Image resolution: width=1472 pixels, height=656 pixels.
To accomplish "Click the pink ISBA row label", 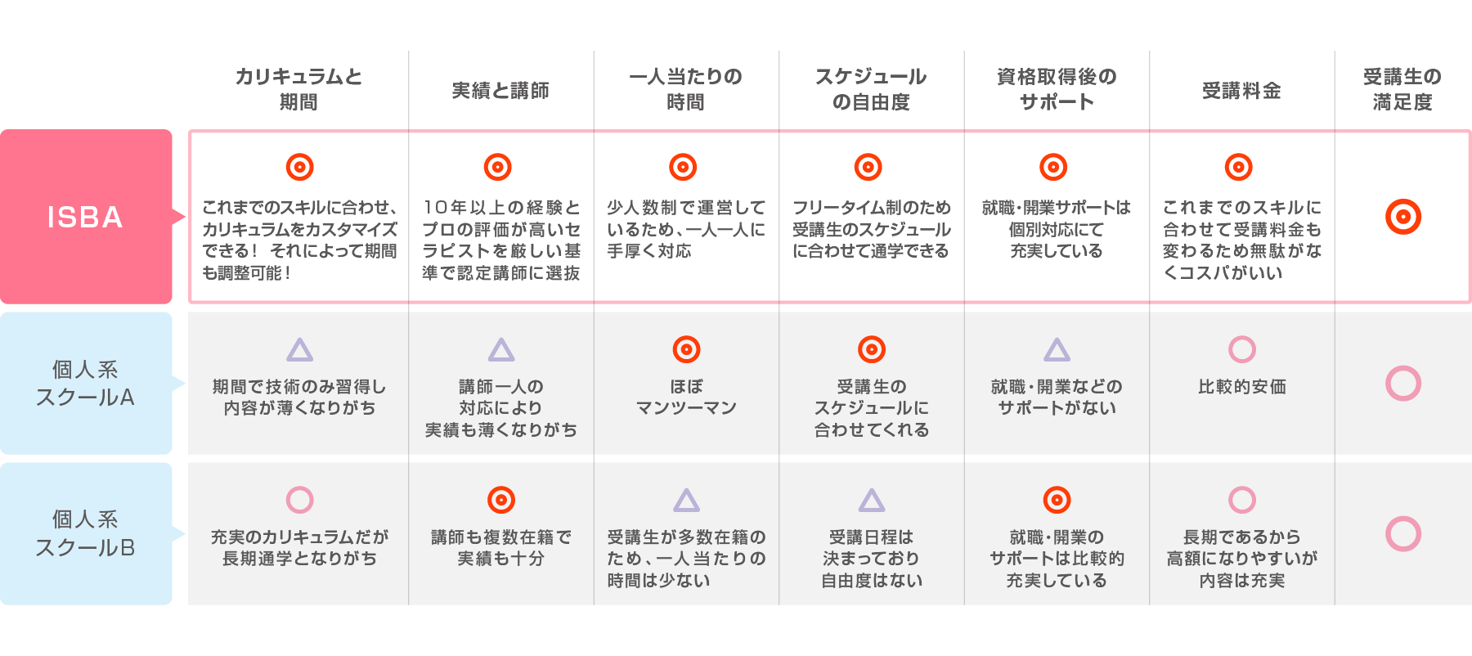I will click(86, 217).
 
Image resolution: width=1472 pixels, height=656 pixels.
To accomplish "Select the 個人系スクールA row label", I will click(86, 383).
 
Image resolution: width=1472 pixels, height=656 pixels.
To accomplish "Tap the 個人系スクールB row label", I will click(86, 533).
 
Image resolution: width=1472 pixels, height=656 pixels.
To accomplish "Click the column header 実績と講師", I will click(500, 90).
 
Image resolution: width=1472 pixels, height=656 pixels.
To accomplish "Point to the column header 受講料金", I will click(1241, 90).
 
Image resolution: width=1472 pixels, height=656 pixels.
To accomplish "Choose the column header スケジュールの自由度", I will click(871, 89).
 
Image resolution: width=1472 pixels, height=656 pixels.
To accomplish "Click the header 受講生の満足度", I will click(1402, 89).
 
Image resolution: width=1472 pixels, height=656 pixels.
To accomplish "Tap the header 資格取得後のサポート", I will click(1057, 89).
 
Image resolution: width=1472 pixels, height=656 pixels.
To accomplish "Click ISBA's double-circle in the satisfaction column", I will click(1403, 217).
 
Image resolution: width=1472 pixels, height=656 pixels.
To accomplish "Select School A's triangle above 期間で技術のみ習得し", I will click(299, 351).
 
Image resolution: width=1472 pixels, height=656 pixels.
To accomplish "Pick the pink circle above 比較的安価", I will click(1241, 350).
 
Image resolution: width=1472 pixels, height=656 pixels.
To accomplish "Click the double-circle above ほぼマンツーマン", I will click(686, 350).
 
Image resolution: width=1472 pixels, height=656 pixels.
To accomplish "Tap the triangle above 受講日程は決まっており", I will click(872, 501).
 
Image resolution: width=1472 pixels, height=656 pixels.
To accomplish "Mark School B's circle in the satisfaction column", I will click(1403, 533).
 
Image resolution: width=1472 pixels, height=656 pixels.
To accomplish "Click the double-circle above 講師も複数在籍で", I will click(500, 500).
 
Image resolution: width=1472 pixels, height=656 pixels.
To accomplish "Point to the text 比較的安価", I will click(1241, 386).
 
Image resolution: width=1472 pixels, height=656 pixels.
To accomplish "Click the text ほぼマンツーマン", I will click(686, 397).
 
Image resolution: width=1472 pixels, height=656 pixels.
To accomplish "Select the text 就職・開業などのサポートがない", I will click(1057, 397).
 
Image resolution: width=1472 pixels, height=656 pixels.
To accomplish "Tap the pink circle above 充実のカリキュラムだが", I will click(299, 500).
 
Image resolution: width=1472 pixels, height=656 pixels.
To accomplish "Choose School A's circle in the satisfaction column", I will click(1403, 384).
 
